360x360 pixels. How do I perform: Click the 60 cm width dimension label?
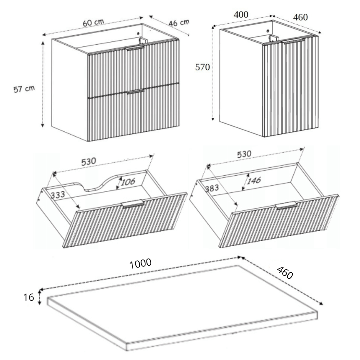(x=94, y=22)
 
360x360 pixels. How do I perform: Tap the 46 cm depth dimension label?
(x=179, y=23)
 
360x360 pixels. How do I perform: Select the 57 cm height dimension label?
(x=24, y=89)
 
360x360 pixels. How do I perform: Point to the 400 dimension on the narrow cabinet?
(x=241, y=15)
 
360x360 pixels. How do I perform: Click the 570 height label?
(x=202, y=67)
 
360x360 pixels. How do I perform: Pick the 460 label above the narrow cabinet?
(x=301, y=17)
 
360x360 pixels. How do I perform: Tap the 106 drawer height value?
(x=128, y=182)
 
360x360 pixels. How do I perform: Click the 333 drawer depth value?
(x=58, y=195)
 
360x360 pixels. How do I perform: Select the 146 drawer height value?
(x=254, y=180)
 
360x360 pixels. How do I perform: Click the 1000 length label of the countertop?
(x=140, y=264)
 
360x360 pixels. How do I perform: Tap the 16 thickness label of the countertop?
(x=29, y=297)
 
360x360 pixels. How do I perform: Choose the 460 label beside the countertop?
(x=285, y=273)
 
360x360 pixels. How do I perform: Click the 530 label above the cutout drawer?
(x=89, y=162)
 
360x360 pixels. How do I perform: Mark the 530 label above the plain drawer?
(x=244, y=154)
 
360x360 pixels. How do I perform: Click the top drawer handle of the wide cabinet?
(x=135, y=48)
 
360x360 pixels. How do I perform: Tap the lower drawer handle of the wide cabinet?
(x=135, y=91)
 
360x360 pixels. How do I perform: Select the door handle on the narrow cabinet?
(x=293, y=41)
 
